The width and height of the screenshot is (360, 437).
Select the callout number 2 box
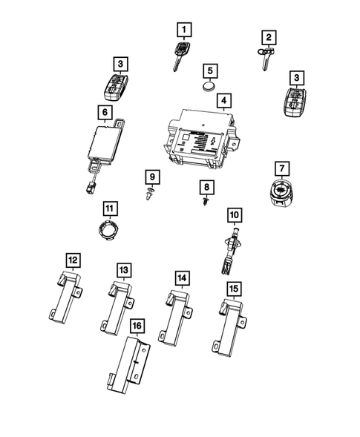[x=267, y=36]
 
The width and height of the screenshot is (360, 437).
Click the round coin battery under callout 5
[x=211, y=88]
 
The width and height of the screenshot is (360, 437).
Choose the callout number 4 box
[x=222, y=99]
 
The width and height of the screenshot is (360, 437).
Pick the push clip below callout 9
[x=150, y=195]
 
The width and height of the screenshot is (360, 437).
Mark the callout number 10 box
[x=234, y=214]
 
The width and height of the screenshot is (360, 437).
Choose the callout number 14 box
[x=181, y=277]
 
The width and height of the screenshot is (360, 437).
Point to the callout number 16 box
[x=136, y=325]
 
